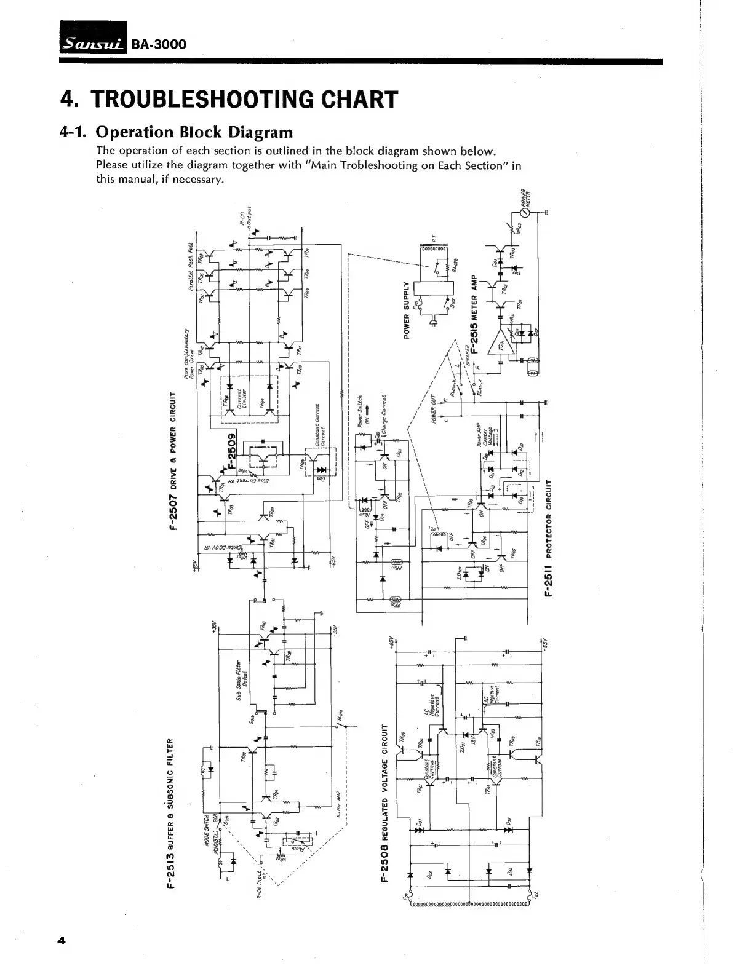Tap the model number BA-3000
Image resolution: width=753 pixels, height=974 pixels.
click(159, 45)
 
